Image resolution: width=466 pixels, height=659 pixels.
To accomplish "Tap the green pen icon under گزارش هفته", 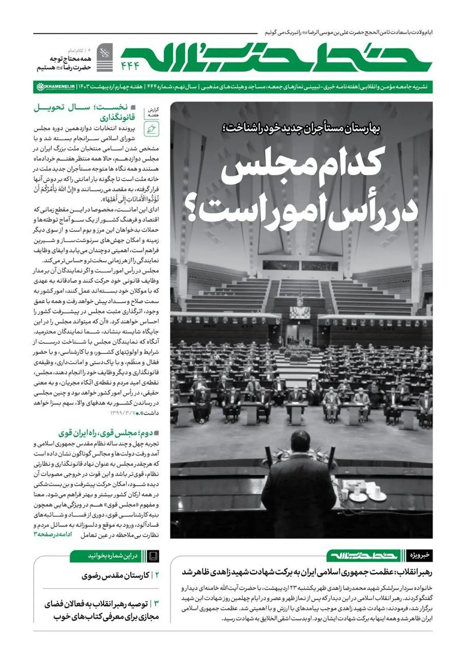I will pyautogui.click(x=151, y=129).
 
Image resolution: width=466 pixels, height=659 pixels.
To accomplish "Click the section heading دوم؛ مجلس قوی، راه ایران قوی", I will pyautogui.click(x=109, y=433).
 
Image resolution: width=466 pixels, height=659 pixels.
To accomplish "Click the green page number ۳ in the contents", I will pyautogui.click(x=156, y=604).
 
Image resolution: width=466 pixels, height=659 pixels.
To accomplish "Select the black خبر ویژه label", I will pyautogui.click(x=420, y=555).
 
